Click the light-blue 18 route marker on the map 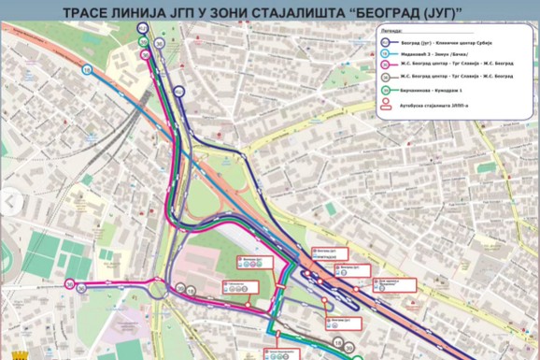(x=86, y=68)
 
